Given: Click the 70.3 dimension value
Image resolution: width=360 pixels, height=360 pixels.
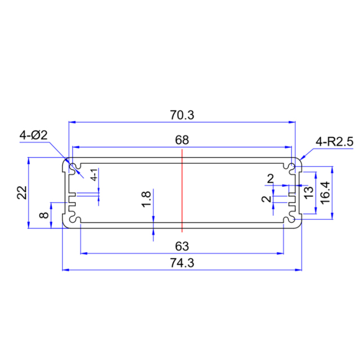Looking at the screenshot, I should pyautogui.click(x=182, y=115).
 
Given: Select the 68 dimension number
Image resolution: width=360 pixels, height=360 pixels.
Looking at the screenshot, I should pyautogui.click(x=182, y=139).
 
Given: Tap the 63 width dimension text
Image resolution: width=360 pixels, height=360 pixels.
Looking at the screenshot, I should pyautogui.click(x=182, y=246).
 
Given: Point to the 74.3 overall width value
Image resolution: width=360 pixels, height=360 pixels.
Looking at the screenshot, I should pyautogui.click(x=182, y=263).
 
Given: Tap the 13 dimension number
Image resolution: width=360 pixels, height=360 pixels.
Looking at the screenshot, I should pyautogui.click(x=309, y=192).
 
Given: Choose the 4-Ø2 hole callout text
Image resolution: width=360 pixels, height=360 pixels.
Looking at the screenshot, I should pyautogui.click(x=34, y=136).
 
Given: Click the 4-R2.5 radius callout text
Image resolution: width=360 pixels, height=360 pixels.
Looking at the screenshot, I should pyautogui.click(x=334, y=142).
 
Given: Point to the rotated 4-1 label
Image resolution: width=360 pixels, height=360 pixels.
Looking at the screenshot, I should pyautogui.click(x=95, y=174).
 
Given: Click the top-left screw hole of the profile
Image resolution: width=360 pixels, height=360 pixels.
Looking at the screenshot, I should pyautogui.click(x=73, y=166).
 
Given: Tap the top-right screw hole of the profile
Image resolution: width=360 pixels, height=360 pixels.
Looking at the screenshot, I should pyautogui.click(x=291, y=166).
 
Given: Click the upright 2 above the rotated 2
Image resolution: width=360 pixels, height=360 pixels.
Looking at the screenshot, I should pyautogui.click(x=271, y=178).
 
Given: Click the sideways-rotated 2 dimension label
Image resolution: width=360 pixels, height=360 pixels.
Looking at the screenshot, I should pyautogui.click(x=265, y=199).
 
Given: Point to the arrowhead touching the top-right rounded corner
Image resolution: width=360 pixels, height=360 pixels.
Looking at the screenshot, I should pyautogui.click(x=303, y=157).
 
